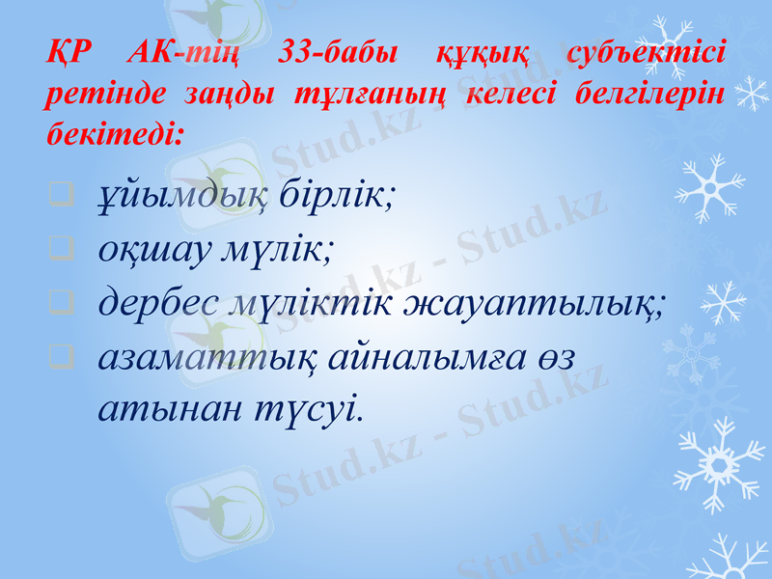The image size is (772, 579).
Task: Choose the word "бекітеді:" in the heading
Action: [x=109, y=133]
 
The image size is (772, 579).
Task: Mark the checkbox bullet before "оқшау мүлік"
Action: [x=61, y=255]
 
